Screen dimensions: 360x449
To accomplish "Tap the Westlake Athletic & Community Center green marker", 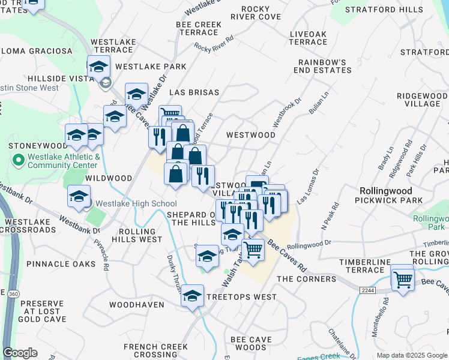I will click(18, 160).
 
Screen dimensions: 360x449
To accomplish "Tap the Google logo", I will click(20, 353).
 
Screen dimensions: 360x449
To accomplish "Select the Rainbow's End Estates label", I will click(324, 66).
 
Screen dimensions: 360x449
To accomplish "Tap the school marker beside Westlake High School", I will click(79, 196).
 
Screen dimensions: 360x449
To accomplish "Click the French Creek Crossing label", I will click(156, 351).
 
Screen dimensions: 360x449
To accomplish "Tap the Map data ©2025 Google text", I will click(412, 355).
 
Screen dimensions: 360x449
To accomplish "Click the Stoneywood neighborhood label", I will click(37, 146).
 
